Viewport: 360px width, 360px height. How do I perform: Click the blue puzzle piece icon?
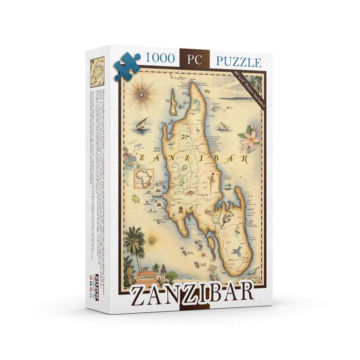click(x=127, y=65)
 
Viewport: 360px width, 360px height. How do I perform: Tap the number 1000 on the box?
click(x=159, y=60)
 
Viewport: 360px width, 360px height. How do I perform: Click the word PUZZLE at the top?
click(x=238, y=62)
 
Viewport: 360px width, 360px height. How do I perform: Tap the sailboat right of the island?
click(x=223, y=126)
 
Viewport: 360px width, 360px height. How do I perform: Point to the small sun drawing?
click(x=152, y=240)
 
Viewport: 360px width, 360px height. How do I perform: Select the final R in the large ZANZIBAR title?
click(x=244, y=291)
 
